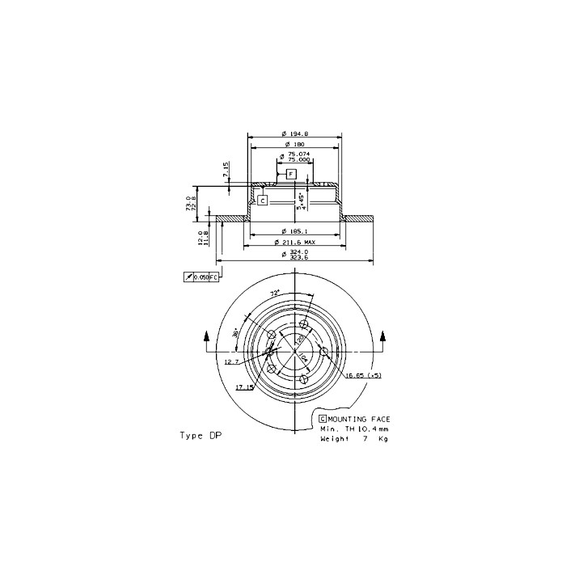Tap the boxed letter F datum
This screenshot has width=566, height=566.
pos(291,174)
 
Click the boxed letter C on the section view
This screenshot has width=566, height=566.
pos(263,199)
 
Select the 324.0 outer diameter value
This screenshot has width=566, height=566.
pos(298,251)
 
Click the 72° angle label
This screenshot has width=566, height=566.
pos(275,293)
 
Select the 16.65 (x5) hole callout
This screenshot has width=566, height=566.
pos(363,376)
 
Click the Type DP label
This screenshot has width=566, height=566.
pos(200,435)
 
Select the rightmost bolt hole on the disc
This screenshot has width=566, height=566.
pos(324,351)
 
